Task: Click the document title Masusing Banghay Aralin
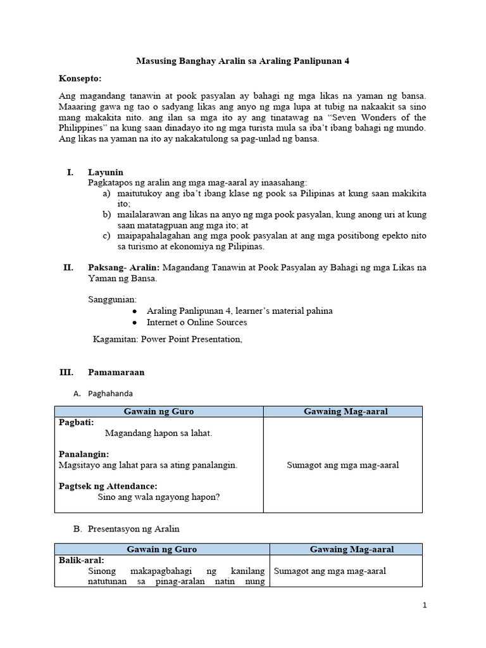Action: [x=243, y=61]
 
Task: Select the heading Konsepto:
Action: [x=80, y=78]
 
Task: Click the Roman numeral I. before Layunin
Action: [x=70, y=172]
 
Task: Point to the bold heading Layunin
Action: [x=106, y=172]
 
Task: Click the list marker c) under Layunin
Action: [x=106, y=235]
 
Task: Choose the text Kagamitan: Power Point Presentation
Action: [x=167, y=339]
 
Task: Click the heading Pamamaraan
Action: [x=116, y=372]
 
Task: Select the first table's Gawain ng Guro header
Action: [x=159, y=412]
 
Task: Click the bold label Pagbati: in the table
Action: [x=76, y=422]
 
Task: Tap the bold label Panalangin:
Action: [x=84, y=454]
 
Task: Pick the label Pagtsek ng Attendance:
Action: [x=108, y=486]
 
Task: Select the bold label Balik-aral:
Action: [x=82, y=560]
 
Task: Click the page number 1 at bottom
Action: [x=425, y=605]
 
